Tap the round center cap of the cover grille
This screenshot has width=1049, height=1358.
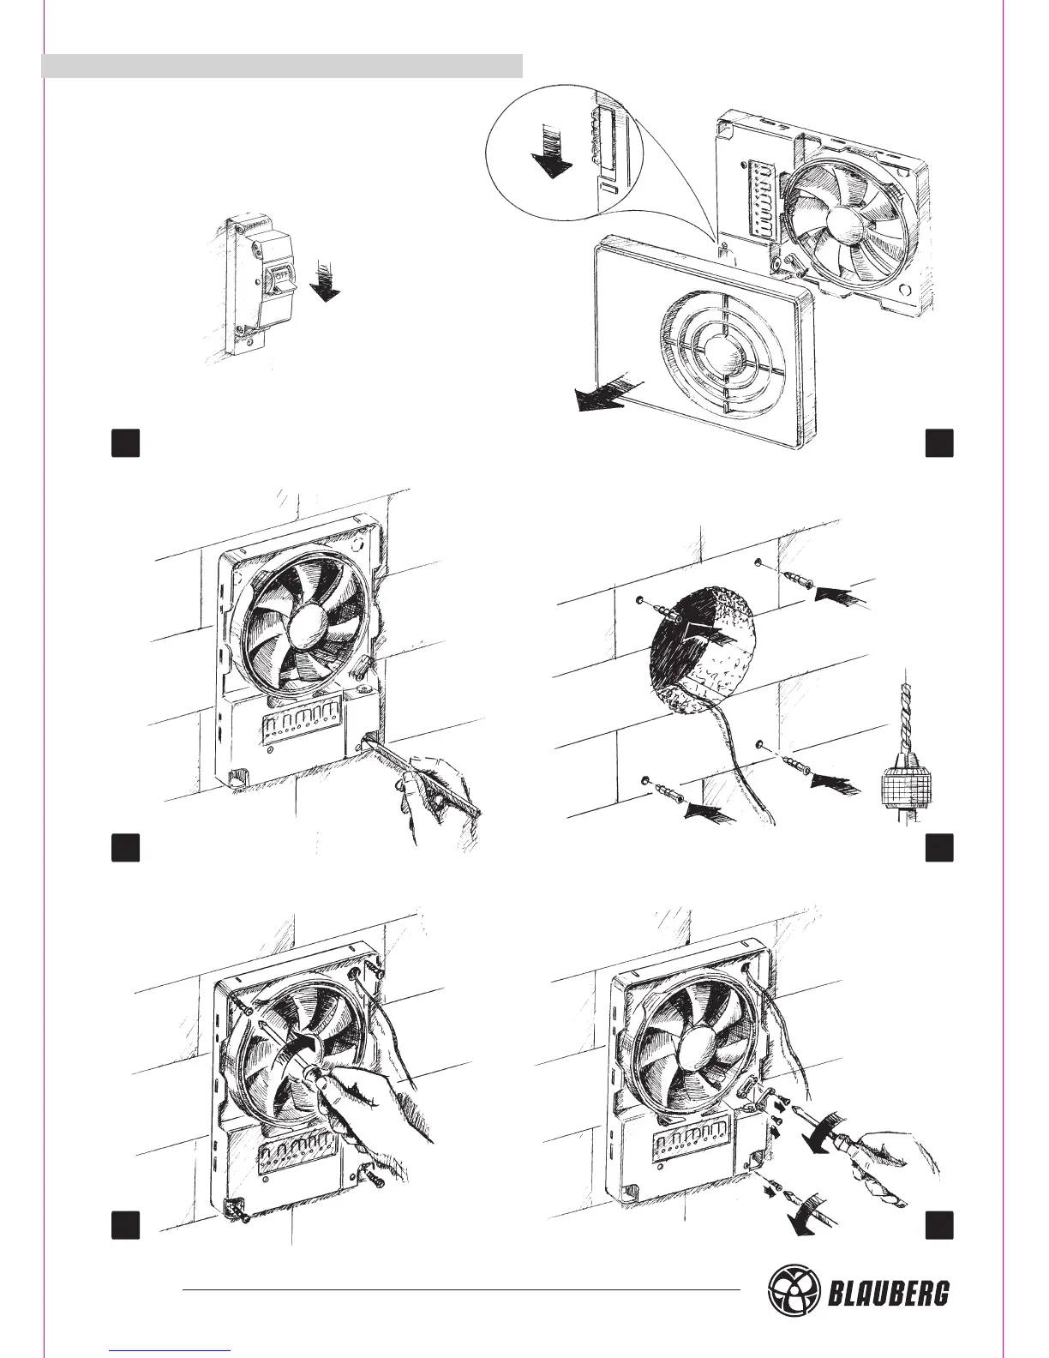722,354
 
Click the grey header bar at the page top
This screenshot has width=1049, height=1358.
282,65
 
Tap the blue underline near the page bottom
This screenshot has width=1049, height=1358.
171,1349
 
